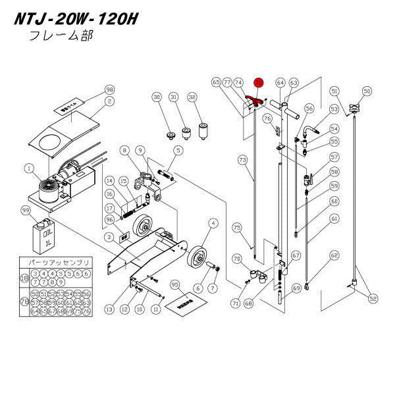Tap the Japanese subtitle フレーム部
pos(61,36)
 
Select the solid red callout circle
pos(259,82)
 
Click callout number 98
pos(109,90)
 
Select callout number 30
pos(157,97)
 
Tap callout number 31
pos(174,97)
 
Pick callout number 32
pos(192,97)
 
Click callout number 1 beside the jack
pos(28,169)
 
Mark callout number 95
pos(174,284)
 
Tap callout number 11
pos(156,307)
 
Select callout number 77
pos(226,82)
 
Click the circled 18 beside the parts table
pos(24,278)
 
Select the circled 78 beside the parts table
pos(24,303)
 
